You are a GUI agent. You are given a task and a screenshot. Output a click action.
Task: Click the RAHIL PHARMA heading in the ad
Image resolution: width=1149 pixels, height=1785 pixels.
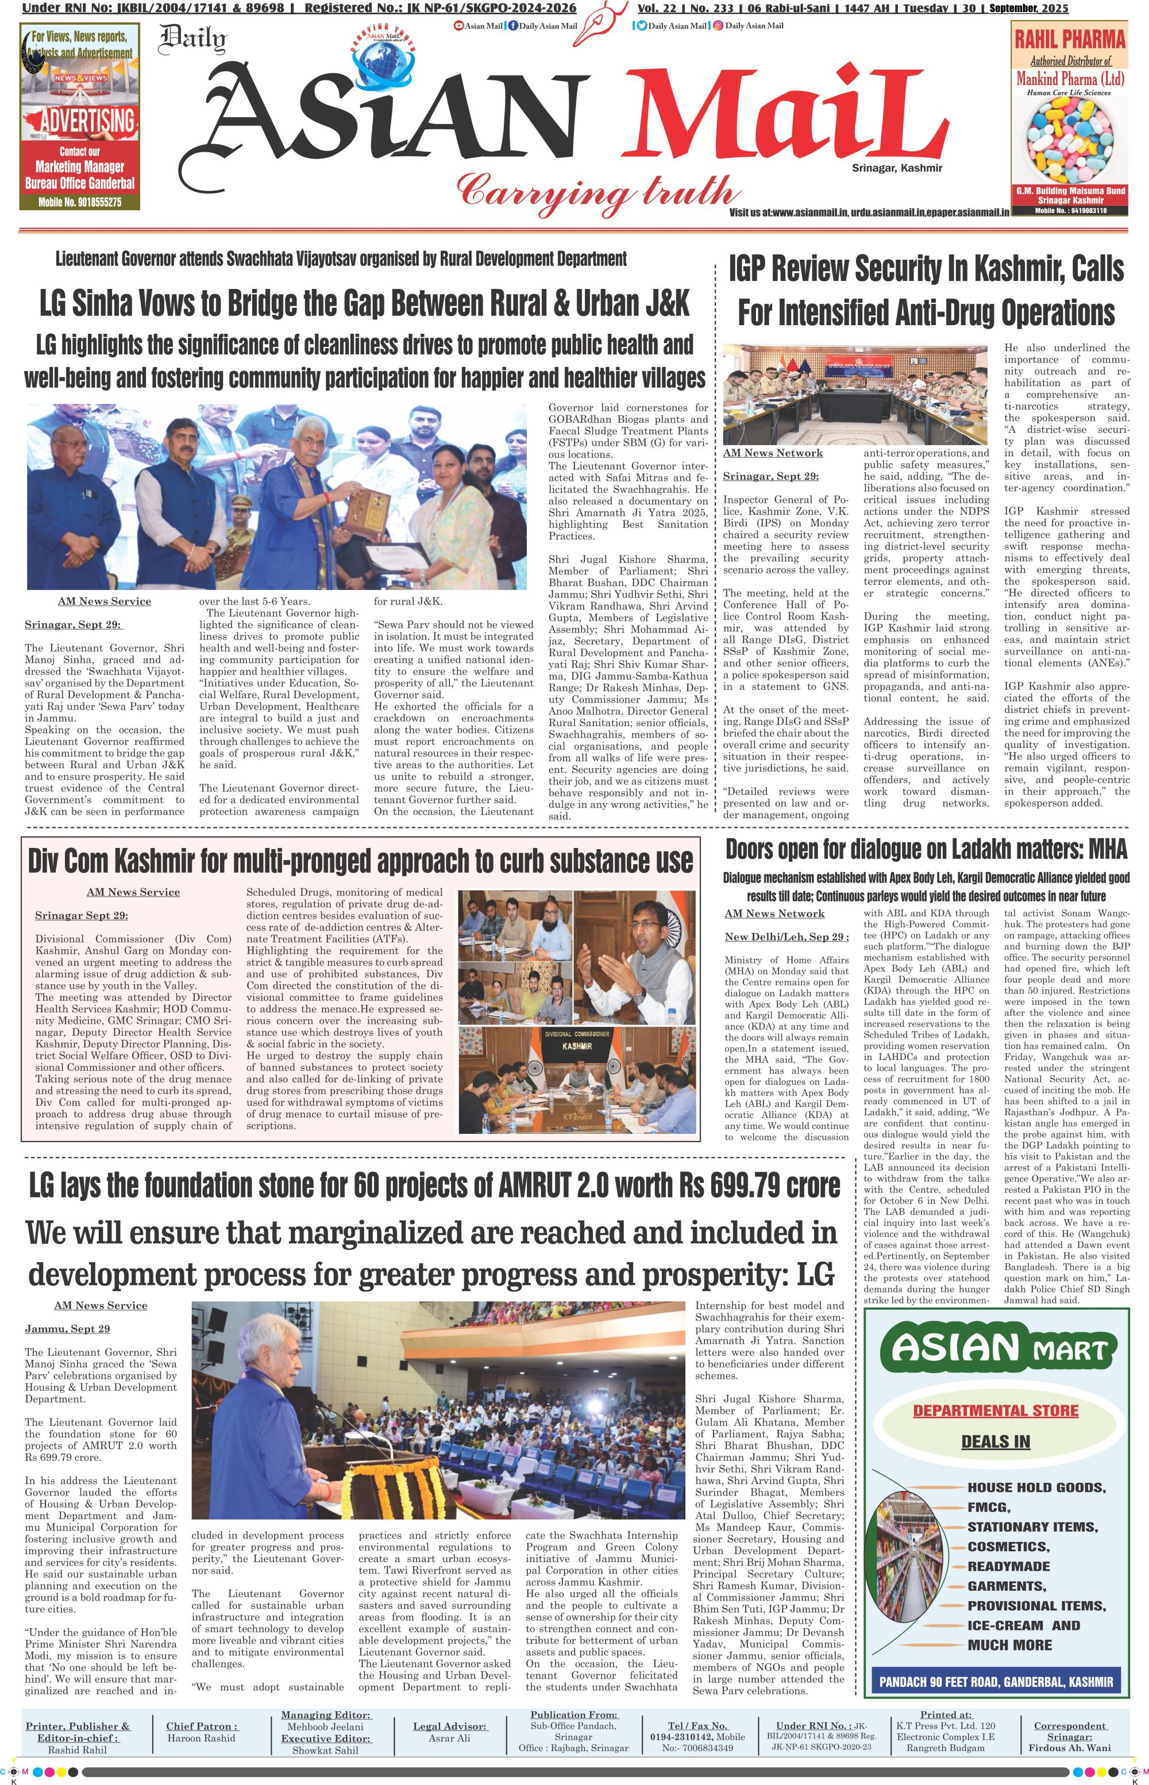1069,39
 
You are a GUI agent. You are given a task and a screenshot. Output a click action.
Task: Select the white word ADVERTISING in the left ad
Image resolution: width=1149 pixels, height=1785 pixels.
87,121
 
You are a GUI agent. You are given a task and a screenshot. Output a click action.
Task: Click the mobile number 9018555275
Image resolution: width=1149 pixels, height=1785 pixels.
80,202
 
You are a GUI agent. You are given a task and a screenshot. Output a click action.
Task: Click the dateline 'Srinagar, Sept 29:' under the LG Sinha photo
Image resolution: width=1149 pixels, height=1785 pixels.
73,624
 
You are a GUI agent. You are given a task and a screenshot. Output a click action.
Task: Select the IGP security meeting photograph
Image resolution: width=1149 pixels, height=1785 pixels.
854,394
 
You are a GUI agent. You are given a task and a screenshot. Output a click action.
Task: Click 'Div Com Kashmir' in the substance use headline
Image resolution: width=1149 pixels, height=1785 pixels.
110,862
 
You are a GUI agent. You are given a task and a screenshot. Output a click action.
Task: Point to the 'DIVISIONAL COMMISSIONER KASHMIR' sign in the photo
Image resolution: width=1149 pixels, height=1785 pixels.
577,1040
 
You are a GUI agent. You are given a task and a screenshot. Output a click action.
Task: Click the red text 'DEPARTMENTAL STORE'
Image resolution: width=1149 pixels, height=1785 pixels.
995,1410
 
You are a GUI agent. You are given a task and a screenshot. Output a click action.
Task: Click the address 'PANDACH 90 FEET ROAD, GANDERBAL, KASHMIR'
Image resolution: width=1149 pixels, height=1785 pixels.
995,1682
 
